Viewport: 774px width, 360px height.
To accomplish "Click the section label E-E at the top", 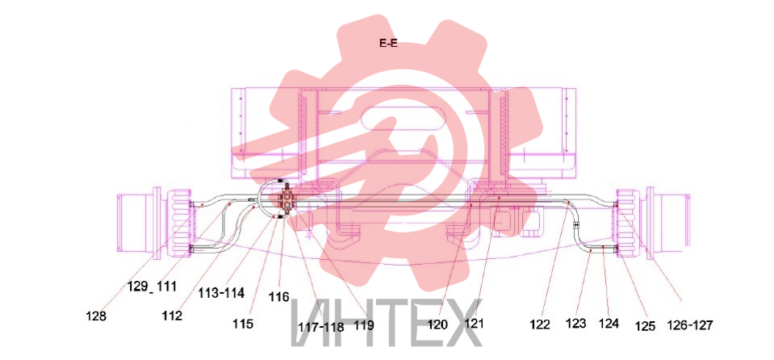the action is coord(388,44).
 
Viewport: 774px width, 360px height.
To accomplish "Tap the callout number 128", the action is coord(96,316).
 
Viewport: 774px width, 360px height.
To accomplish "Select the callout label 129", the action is coord(137,286).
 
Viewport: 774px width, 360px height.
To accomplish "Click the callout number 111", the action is coord(167,286).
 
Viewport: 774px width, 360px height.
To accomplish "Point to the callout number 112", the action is coord(172,315).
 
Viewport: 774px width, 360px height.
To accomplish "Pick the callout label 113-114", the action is coord(222,293).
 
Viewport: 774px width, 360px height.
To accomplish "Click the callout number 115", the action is coord(244,324).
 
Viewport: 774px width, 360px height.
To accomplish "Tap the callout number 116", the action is coord(279,297).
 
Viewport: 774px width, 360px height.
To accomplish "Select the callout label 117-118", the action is coord(321,327).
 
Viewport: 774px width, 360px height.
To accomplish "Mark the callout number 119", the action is coord(364,326).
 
